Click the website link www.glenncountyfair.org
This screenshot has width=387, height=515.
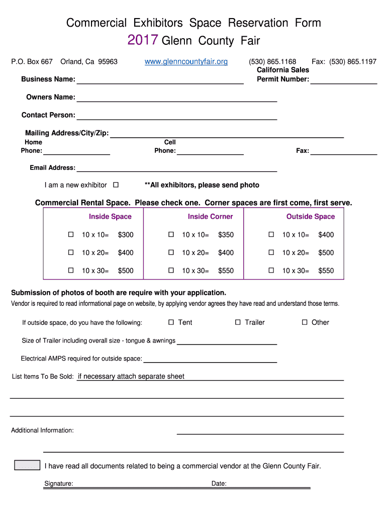point(186,61)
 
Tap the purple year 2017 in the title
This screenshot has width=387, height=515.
point(143,40)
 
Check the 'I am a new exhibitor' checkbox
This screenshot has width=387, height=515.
point(116,185)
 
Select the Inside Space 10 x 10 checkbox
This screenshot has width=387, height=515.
point(71,234)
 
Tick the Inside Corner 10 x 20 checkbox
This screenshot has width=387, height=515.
point(171,252)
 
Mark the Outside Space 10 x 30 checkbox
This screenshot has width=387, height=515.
point(271,271)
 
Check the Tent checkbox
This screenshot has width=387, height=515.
point(171,322)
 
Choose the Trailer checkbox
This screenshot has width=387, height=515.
point(238,322)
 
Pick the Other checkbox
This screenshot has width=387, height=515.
point(305,322)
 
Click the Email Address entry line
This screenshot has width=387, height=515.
point(176,169)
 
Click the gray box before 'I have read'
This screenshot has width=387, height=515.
point(27,465)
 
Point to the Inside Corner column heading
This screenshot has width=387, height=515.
point(210,217)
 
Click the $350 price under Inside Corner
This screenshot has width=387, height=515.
point(226,235)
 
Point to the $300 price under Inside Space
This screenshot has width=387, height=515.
point(126,235)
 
